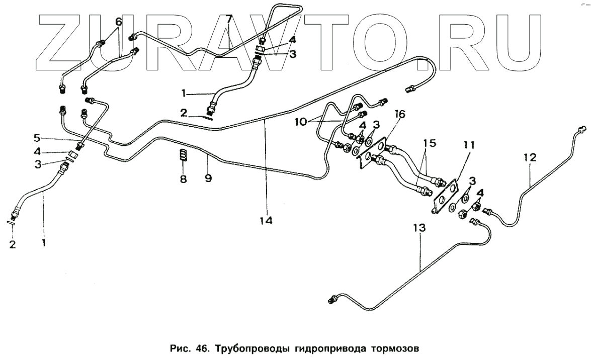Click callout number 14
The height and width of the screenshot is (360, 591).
(266, 220)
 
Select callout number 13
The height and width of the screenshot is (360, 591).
(419, 228)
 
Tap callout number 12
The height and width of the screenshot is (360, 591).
(530, 158)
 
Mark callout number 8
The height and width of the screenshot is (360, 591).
(184, 179)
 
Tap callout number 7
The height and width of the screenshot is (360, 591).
(229, 20)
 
